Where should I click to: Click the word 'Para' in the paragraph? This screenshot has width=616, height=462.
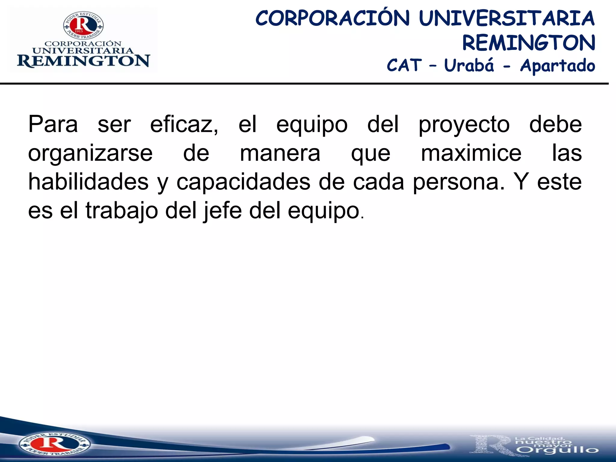tap(53, 124)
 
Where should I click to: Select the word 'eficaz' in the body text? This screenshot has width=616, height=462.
tap(184, 124)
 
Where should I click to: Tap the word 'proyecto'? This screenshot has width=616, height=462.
tap(464, 125)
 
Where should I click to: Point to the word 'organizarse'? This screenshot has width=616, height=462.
tap(90, 153)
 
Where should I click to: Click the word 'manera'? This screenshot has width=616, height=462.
tap(280, 153)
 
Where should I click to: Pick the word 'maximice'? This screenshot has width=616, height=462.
tap(471, 153)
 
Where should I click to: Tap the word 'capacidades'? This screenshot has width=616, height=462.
tap(243, 182)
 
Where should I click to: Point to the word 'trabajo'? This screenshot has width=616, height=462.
tap(122, 211)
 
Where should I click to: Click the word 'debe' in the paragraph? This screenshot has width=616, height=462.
tap(556, 124)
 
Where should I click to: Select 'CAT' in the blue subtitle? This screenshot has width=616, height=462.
tap(404, 65)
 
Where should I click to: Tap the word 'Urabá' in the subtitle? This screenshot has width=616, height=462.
tap(469, 65)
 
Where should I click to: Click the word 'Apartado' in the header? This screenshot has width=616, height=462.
tap(558, 66)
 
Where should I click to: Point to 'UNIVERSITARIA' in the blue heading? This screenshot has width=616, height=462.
tap(507, 18)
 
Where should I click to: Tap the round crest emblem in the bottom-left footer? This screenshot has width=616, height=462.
tap(54, 444)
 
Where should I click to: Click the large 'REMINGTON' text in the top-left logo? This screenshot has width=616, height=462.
tap(83, 61)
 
